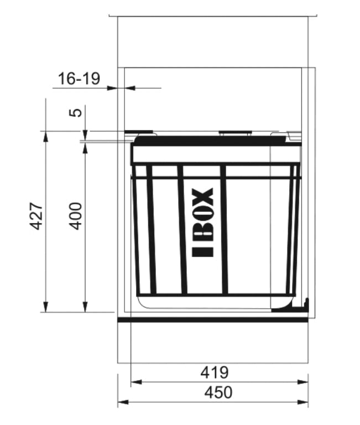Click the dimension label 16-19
[79, 79]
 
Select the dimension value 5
[78, 112]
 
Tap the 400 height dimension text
[76, 216]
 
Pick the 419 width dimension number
[214, 372]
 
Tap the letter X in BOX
[204, 197]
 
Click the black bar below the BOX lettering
[204, 252]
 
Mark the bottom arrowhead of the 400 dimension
[85, 307]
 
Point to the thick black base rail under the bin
[212, 319]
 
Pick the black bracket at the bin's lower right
[303, 304]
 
